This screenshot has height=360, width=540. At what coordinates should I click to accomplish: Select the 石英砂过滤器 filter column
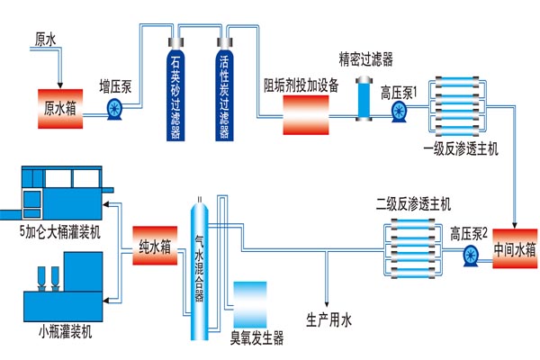coord(175,90)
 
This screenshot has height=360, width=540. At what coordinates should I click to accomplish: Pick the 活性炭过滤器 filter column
coord(224,90)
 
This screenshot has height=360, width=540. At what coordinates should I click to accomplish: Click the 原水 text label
coord(45,40)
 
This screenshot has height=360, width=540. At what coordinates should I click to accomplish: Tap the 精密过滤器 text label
coord(365,59)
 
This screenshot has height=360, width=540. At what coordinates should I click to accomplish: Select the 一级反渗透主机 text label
coord(458,147)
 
